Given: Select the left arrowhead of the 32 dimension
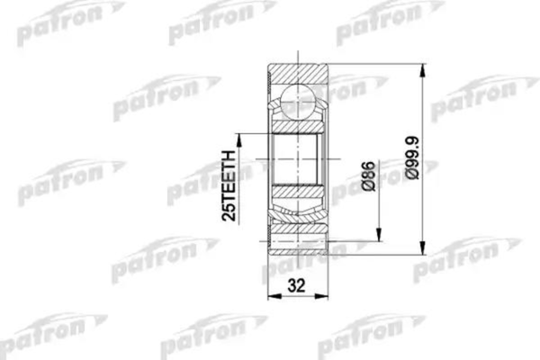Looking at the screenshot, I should pyautogui.click(x=272, y=302).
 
